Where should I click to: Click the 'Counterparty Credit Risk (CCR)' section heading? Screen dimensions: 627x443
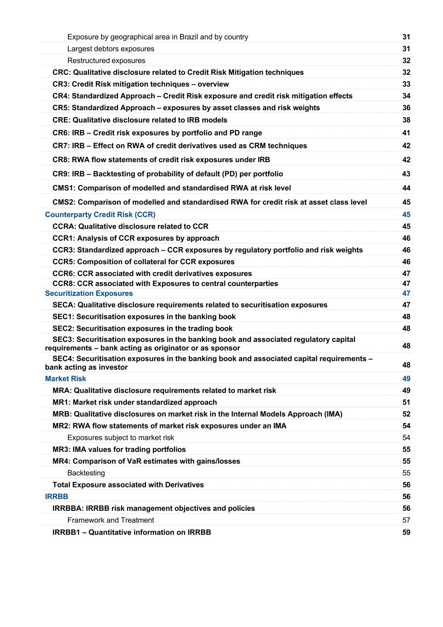(x=100, y=215)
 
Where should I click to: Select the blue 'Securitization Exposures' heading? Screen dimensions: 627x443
(x=89, y=294)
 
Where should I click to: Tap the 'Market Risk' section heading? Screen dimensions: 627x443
(x=65, y=378)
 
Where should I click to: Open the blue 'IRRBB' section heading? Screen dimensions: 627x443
(x=56, y=497)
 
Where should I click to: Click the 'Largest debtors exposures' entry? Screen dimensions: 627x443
(x=111, y=49)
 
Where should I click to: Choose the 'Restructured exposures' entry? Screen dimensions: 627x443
(x=106, y=61)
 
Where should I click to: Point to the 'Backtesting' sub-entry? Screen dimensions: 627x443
(x=86, y=473)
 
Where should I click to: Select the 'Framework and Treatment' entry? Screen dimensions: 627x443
(x=110, y=520)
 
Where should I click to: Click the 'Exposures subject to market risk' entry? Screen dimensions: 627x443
(x=120, y=438)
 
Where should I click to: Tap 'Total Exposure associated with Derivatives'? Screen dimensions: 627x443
(x=128, y=485)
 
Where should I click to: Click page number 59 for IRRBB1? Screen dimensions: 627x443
(x=406, y=532)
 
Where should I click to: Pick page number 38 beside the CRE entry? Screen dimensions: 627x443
(x=406, y=120)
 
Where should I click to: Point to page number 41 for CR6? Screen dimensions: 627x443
(x=406, y=133)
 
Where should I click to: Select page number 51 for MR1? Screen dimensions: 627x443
(x=406, y=402)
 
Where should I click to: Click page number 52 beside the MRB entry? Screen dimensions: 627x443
(x=406, y=414)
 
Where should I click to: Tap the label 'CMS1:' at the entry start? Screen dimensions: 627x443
(x=64, y=188)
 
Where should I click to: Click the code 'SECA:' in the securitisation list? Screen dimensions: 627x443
(x=64, y=305)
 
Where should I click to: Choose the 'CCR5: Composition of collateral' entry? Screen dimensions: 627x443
(x=143, y=262)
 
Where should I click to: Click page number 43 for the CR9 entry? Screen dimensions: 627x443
(x=406, y=174)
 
